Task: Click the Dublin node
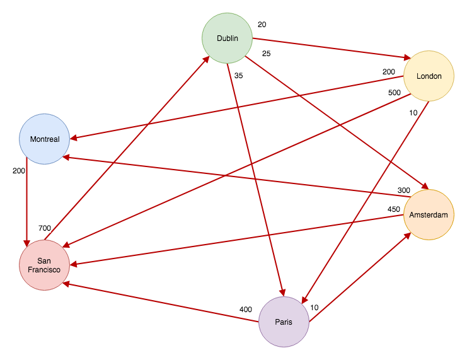tap(227, 38)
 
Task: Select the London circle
tap(429, 76)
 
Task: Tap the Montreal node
tap(44, 139)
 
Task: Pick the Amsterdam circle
tap(429, 215)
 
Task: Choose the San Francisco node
tap(44, 265)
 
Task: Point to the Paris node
tap(284, 322)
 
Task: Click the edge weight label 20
tap(262, 25)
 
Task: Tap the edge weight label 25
tap(266, 54)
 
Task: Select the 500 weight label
tap(394, 93)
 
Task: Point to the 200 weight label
tap(19, 171)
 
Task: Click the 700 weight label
tap(44, 228)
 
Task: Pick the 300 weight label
tap(403, 190)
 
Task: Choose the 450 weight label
tap(394, 209)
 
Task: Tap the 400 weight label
tap(245, 310)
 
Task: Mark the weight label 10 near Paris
tap(314, 308)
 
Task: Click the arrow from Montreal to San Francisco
tap(26, 202)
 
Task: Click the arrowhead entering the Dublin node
tap(207, 59)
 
